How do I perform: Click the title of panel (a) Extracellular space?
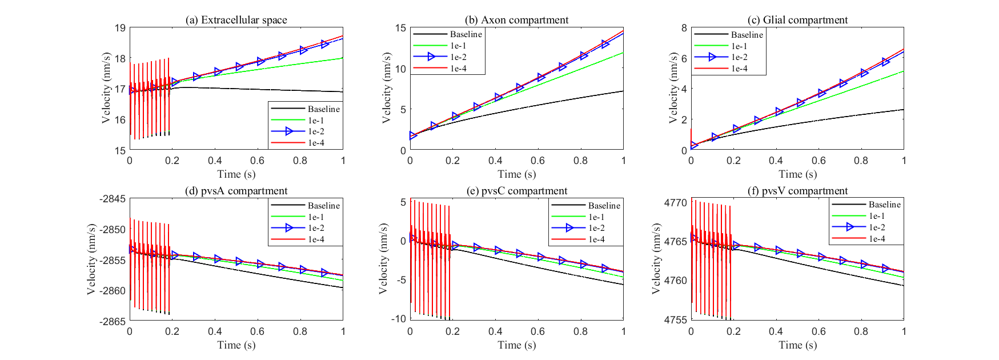pyautogui.click(x=236, y=20)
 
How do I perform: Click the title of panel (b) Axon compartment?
pyautogui.click(x=516, y=20)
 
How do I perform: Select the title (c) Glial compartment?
pyautogui.click(x=797, y=20)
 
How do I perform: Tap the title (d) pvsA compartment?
pyautogui.click(x=236, y=191)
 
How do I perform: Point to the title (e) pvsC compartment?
pyautogui.click(x=516, y=191)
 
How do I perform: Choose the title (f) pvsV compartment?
pyautogui.click(x=797, y=191)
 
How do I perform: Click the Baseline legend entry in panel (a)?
pyautogui.click(x=323, y=109)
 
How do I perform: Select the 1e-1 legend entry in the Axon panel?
pyautogui.click(x=458, y=46)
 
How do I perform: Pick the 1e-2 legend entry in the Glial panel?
pyautogui.click(x=739, y=57)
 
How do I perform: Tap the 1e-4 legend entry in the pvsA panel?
pyautogui.click(x=316, y=239)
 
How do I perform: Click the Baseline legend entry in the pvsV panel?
pyautogui.click(x=884, y=205)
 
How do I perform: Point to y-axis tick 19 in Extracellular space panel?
pyautogui.click(x=120, y=28)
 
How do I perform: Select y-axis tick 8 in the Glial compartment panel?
pyautogui.click(x=684, y=28)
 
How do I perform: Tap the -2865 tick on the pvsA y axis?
pyautogui.click(x=112, y=322)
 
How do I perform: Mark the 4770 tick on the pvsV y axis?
pyautogui.click(x=675, y=203)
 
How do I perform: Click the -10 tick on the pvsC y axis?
pyautogui.click(x=398, y=318)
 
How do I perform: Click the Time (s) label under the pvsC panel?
pyautogui.click(x=516, y=345)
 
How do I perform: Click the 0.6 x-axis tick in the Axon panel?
pyautogui.click(x=538, y=161)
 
